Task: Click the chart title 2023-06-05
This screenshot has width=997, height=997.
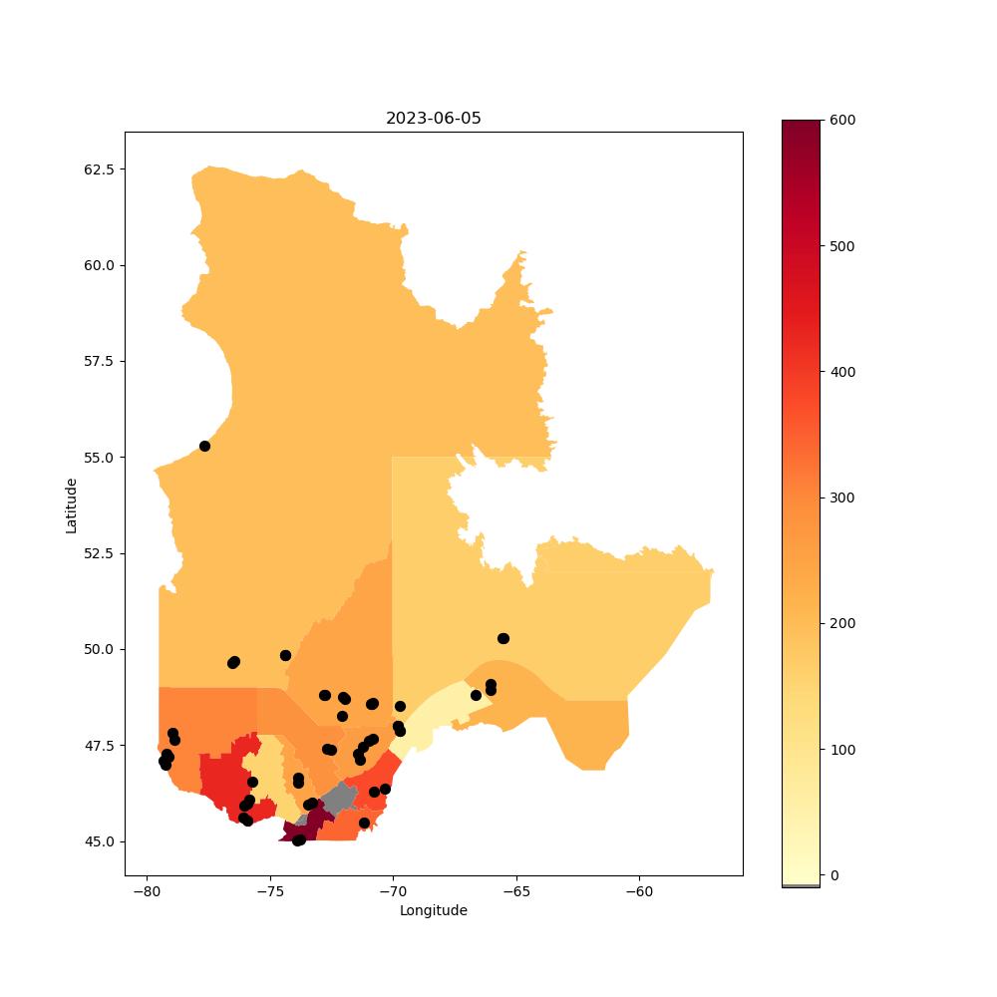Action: [x=433, y=119]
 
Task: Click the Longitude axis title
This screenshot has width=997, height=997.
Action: [x=433, y=910]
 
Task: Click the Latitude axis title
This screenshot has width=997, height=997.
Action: [x=71, y=506]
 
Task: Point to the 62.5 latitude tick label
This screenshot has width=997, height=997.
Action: [x=99, y=169]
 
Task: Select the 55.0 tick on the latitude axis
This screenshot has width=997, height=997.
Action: [x=99, y=458]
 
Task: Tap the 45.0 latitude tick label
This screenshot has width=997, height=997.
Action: [x=99, y=841]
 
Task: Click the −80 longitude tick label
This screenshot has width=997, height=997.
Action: [x=147, y=891]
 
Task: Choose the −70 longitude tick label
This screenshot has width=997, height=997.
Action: [x=393, y=891]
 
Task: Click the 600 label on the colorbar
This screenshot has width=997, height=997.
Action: [x=842, y=121]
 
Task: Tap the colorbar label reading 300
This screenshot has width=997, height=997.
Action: [x=842, y=498]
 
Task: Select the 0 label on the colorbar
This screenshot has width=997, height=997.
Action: [x=834, y=875]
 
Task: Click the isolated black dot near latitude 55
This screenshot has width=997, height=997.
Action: [x=204, y=447]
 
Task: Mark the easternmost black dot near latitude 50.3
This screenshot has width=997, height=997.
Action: [x=503, y=638]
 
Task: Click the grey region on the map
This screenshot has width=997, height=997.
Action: [x=339, y=798]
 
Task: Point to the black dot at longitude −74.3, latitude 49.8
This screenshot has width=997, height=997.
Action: [x=285, y=656]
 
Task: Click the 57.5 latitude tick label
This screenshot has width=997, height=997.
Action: [x=99, y=361]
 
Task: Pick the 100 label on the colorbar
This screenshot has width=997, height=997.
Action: [x=842, y=750]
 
